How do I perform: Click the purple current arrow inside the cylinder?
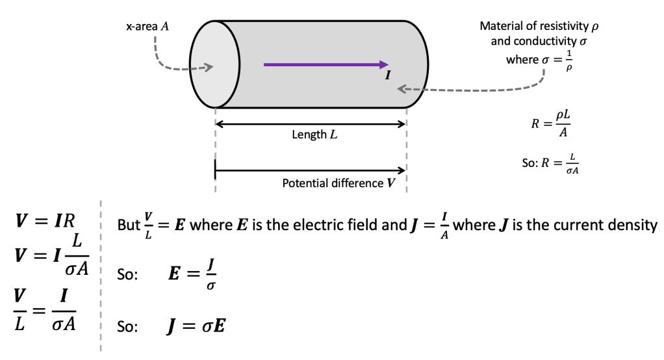(x=325, y=64)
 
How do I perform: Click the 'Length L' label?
(x=315, y=135)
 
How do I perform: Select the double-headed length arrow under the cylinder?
(x=311, y=123)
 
